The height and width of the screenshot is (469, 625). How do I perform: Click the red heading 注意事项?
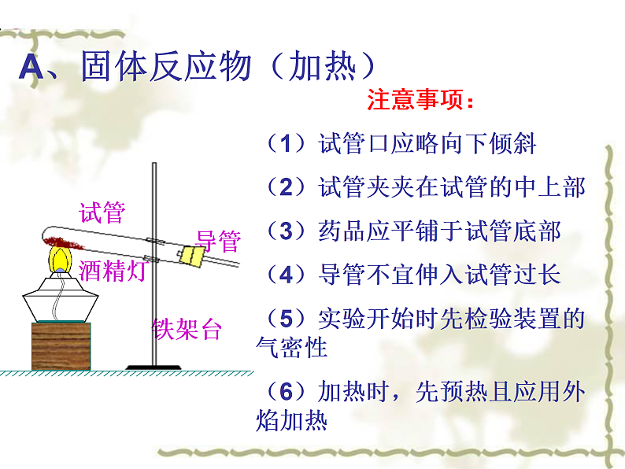pos(420,102)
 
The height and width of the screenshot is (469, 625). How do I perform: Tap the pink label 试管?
pos(102,212)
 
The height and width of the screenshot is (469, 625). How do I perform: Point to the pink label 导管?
pos(217,239)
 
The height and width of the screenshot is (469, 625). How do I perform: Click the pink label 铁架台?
pos(187,329)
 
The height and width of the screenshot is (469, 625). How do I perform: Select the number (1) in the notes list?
pos(286,144)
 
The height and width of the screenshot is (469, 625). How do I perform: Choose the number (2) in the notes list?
pos(286,187)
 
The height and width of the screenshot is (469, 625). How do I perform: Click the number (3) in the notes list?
pos(286,231)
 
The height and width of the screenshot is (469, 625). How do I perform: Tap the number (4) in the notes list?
pos(286,275)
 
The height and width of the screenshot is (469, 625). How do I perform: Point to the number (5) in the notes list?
pos(286,319)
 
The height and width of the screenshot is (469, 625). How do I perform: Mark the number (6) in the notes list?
pos(286,391)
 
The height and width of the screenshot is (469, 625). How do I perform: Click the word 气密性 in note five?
pos(291,347)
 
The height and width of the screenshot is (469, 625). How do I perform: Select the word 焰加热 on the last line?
pos(291,420)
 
